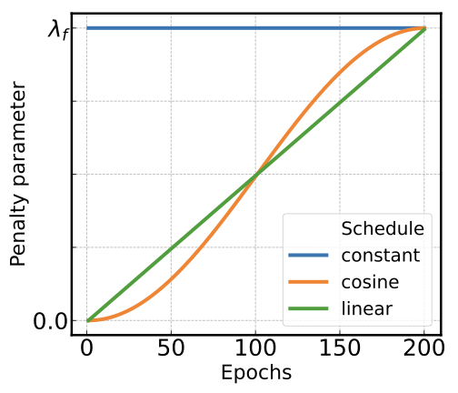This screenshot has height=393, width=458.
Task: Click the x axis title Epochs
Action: point(255,373)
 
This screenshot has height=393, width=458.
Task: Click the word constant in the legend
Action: point(380,255)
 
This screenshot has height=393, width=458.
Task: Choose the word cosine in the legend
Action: point(370,282)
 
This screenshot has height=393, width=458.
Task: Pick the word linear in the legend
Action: point(366,309)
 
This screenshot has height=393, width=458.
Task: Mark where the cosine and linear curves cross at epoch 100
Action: point(256,175)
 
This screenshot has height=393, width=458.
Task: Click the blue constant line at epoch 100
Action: point(256,28)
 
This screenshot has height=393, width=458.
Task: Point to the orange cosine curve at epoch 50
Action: point(172,277)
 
